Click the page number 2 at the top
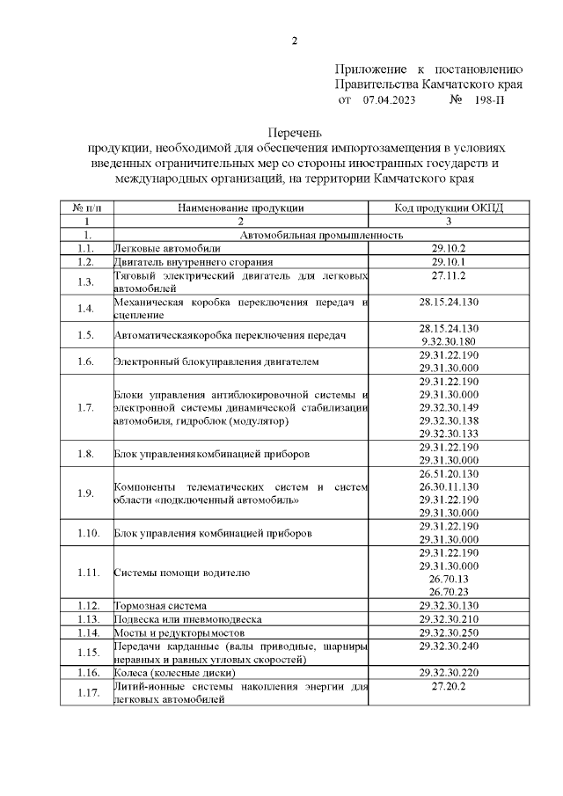point(295,40)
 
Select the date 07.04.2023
point(388,100)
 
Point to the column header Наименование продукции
point(240,208)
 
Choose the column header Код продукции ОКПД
point(449,208)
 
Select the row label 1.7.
point(85,408)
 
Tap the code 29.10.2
point(449,249)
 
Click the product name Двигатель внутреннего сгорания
point(193,262)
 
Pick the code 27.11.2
point(449,275)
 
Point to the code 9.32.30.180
point(449,341)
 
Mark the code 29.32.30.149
point(449,407)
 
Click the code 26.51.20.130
point(449,473)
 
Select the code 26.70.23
point(449,592)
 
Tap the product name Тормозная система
point(160,606)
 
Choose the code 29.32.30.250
point(449,632)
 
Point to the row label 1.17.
point(85,692)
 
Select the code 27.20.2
point(449,685)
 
